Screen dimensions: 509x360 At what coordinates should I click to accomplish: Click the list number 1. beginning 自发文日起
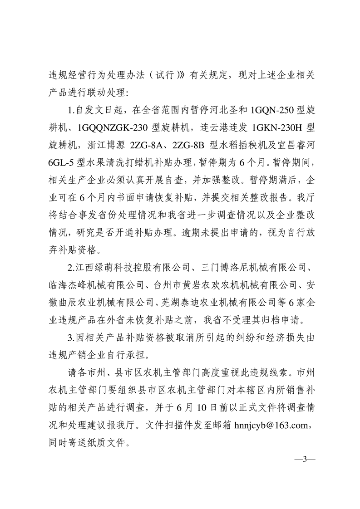(69, 110)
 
